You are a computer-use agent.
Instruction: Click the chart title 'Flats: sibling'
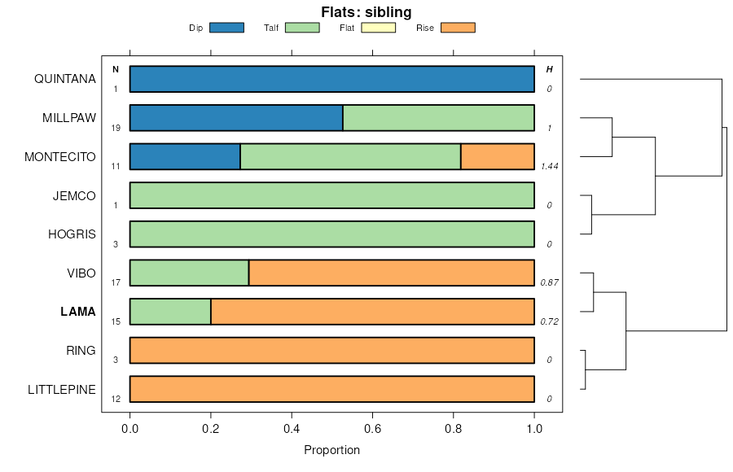(x=366, y=12)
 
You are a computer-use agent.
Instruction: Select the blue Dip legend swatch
(x=226, y=28)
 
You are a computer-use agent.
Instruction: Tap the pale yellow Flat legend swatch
(x=378, y=28)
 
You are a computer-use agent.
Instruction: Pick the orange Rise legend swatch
(x=458, y=28)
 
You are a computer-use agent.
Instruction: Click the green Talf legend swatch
(x=302, y=28)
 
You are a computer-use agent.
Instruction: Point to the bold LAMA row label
(x=78, y=312)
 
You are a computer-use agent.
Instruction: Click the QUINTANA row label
(x=65, y=79)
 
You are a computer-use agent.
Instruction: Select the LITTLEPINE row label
(x=62, y=390)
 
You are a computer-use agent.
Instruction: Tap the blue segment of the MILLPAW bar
(x=236, y=118)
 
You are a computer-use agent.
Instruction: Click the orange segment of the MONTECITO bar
(x=498, y=157)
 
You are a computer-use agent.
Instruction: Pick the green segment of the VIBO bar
(x=189, y=273)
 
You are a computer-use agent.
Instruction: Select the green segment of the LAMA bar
(x=170, y=312)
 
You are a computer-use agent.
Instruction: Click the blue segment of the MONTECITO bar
(x=185, y=157)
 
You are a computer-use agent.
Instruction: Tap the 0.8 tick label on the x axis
(x=454, y=427)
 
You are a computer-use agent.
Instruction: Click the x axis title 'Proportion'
(x=331, y=450)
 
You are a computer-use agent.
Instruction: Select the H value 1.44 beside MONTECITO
(x=549, y=166)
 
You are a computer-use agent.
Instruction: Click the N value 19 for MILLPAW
(x=116, y=128)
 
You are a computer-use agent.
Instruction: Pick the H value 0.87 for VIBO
(x=549, y=282)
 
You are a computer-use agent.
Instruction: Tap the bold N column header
(x=116, y=69)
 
